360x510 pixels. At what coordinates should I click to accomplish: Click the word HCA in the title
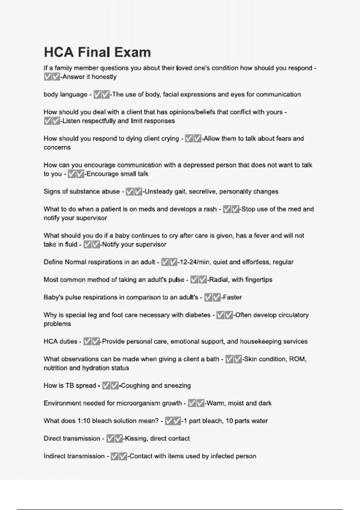pos(59,52)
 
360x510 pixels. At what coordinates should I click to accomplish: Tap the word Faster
pos(232,297)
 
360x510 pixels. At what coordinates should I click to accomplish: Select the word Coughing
pos(135,385)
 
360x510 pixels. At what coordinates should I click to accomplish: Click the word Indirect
pos(59,456)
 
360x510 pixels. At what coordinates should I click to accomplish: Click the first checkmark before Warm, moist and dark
pos(192,403)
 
